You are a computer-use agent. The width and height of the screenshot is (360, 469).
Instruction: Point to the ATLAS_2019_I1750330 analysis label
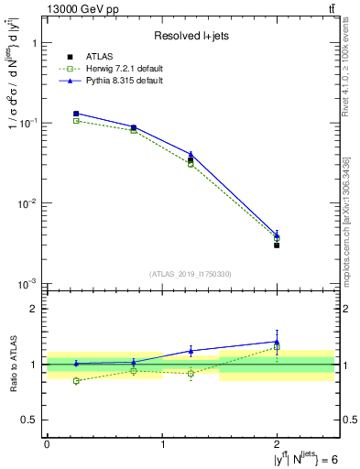point(191,274)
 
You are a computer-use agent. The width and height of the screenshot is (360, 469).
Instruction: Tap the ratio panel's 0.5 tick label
point(30,420)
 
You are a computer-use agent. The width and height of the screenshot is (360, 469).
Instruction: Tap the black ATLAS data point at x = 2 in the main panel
point(277,245)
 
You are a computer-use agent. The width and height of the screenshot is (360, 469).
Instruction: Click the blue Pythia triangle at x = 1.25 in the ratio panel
point(191,351)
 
